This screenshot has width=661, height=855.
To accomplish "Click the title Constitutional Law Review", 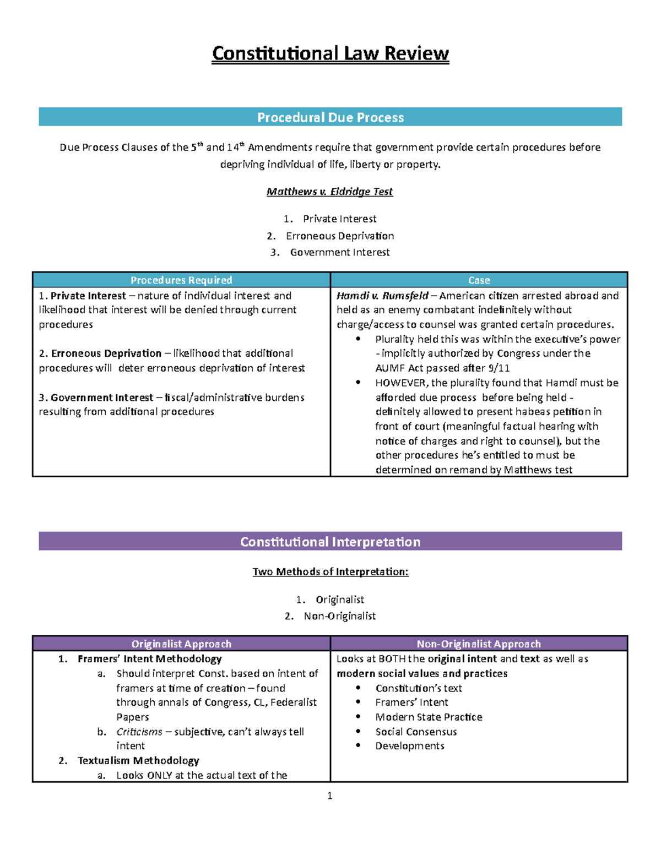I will click(330, 53).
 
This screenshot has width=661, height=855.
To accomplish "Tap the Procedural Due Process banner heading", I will click(330, 117).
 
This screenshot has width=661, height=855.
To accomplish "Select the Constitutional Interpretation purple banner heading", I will click(330, 542).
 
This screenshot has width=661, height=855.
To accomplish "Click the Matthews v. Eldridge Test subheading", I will click(329, 192).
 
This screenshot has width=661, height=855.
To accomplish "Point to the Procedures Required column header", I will click(181, 280).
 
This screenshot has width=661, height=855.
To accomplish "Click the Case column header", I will click(479, 280).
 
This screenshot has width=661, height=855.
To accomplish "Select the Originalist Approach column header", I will click(181, 644).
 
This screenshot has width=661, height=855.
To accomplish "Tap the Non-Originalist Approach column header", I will click(479, 644).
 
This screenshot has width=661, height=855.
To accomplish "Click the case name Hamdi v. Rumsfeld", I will click(382, 296).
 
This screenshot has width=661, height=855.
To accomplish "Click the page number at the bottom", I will click(329, 796).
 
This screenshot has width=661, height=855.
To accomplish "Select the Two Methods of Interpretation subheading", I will click(330, 571).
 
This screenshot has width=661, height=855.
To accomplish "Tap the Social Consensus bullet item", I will click(416, 732).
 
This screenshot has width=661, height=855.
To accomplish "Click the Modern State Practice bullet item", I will click(429, 717).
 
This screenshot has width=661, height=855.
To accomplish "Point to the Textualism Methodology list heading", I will click(138, 760).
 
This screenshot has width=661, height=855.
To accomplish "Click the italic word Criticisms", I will click(139, 732).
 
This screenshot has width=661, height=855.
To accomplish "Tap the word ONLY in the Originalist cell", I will click(160, 775).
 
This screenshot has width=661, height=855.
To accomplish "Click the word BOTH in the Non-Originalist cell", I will click(392, 658).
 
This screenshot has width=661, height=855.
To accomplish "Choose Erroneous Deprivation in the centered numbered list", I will click(340, 236).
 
